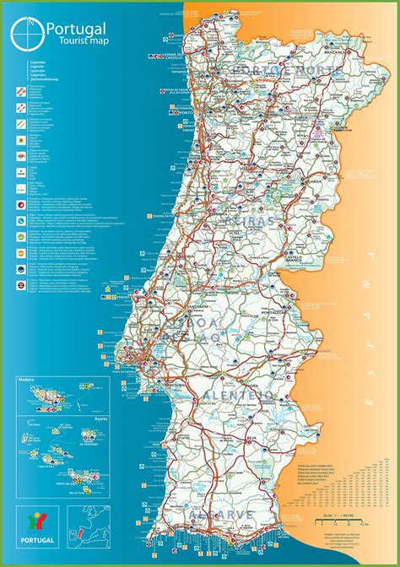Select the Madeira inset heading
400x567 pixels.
point(30,381)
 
